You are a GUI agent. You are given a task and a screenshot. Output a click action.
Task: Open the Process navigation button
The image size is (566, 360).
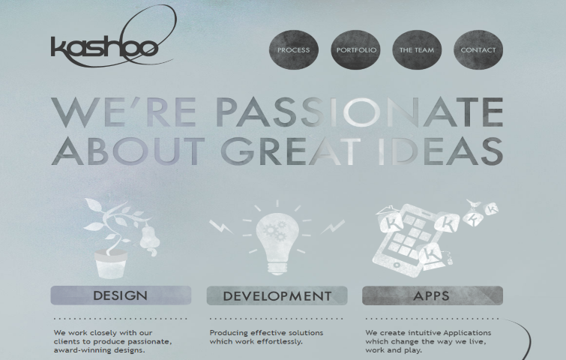click(294, 49)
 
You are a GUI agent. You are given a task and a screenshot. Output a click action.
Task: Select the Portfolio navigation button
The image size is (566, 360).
click(355, 49)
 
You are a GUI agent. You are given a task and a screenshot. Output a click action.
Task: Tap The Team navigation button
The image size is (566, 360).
click(417, 49)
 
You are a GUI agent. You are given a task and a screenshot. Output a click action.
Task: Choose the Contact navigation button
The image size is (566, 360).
click(478, 49)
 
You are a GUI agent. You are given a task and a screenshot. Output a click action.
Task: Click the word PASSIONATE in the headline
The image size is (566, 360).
click(361, 112)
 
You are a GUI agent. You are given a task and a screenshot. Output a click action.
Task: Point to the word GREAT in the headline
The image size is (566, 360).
click(291, 151)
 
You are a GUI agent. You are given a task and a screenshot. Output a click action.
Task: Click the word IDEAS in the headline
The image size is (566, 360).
click(440, 151)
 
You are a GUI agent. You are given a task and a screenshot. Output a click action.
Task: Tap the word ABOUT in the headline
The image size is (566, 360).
click(128, 151)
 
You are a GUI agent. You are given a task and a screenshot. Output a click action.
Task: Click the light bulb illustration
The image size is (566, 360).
click(277, 242)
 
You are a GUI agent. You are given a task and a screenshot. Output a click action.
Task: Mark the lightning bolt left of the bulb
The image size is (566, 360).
click(221, 226)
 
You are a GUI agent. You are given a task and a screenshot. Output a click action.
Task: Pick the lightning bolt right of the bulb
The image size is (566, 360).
click(333, 226)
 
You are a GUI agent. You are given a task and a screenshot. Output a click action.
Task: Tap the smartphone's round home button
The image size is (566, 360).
click(397, 265)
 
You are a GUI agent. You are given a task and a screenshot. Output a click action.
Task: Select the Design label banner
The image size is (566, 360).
click(121, 295)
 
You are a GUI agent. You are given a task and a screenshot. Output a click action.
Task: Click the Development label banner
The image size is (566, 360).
click(277, 295)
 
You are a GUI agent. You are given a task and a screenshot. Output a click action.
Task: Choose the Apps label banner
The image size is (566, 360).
click(433, 295)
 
